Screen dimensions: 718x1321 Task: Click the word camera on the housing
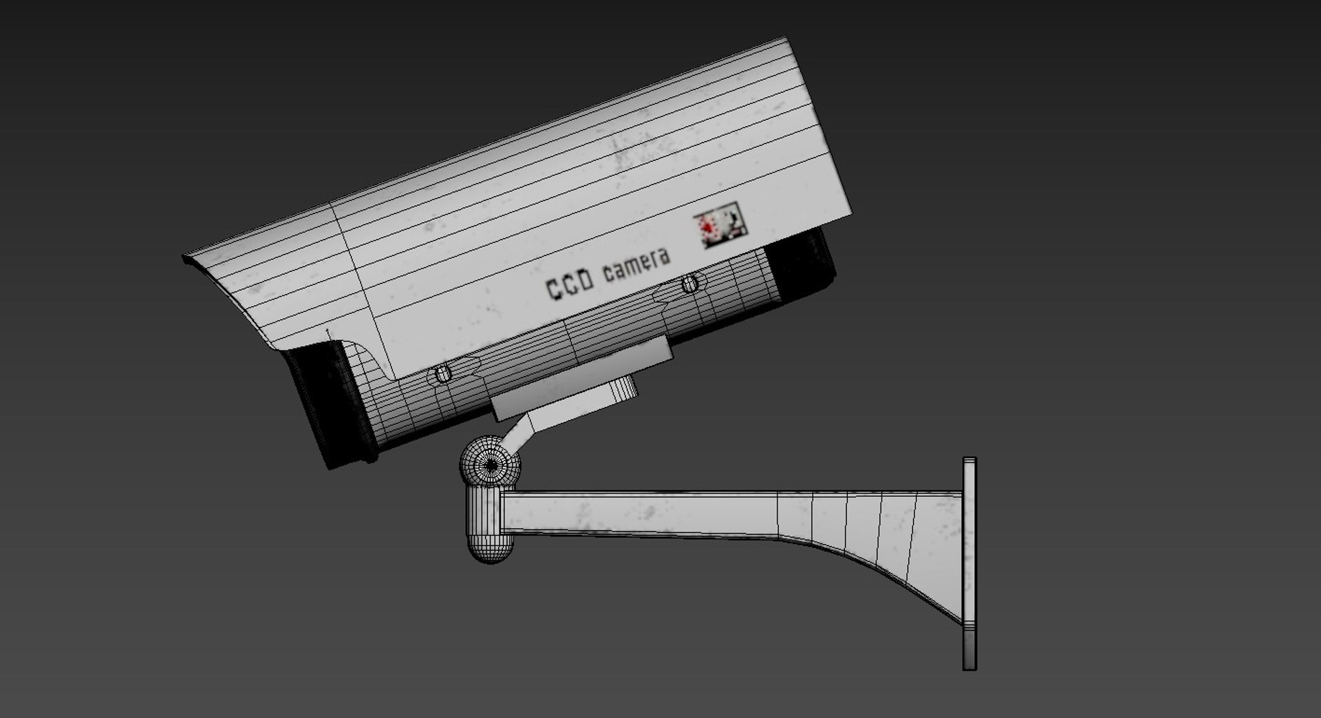coord(636,266)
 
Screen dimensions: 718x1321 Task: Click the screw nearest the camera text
coord(690,284)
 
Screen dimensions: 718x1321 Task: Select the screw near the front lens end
coord(443,374)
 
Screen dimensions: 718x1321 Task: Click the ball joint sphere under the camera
coord(491,465)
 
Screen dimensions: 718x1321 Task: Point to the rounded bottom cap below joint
coord(491,547)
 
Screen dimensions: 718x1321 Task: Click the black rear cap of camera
coord(802,265)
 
